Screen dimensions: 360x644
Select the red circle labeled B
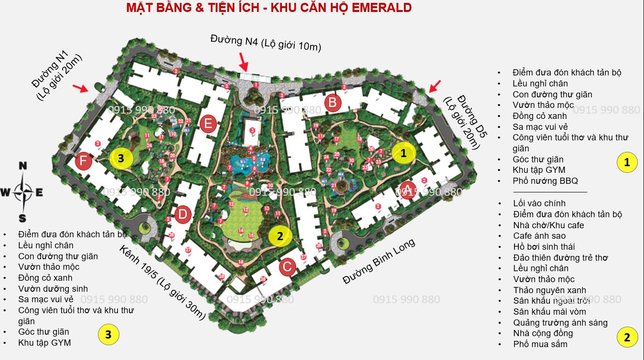(333, 102)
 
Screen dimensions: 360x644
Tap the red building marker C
(287, 267)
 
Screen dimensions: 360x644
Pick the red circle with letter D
(182, 214)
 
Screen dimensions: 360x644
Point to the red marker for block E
(208, 124)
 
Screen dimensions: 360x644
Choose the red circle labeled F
(83, 161)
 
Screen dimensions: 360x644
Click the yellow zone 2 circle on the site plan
(280, 236)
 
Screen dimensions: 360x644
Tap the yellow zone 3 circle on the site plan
(121, 159)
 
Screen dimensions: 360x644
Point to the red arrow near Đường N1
(81, 88)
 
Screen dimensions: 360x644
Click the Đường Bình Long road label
(379, 261)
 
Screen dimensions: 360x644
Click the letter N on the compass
(22, 166)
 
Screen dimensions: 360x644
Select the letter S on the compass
(22, 219)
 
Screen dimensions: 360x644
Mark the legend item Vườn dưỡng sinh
(53, 288)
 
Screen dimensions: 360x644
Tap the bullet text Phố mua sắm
(540, 344)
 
